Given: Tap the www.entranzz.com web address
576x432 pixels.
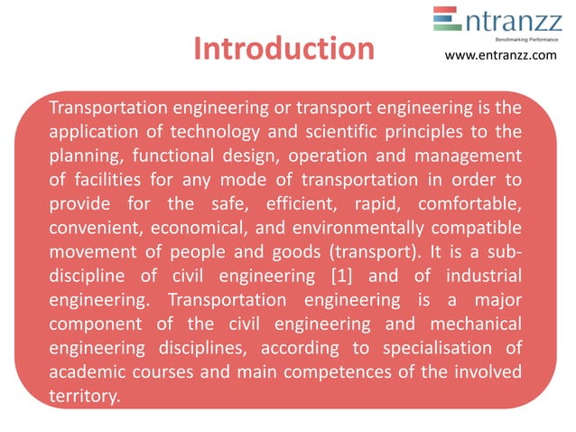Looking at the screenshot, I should point(501,57).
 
